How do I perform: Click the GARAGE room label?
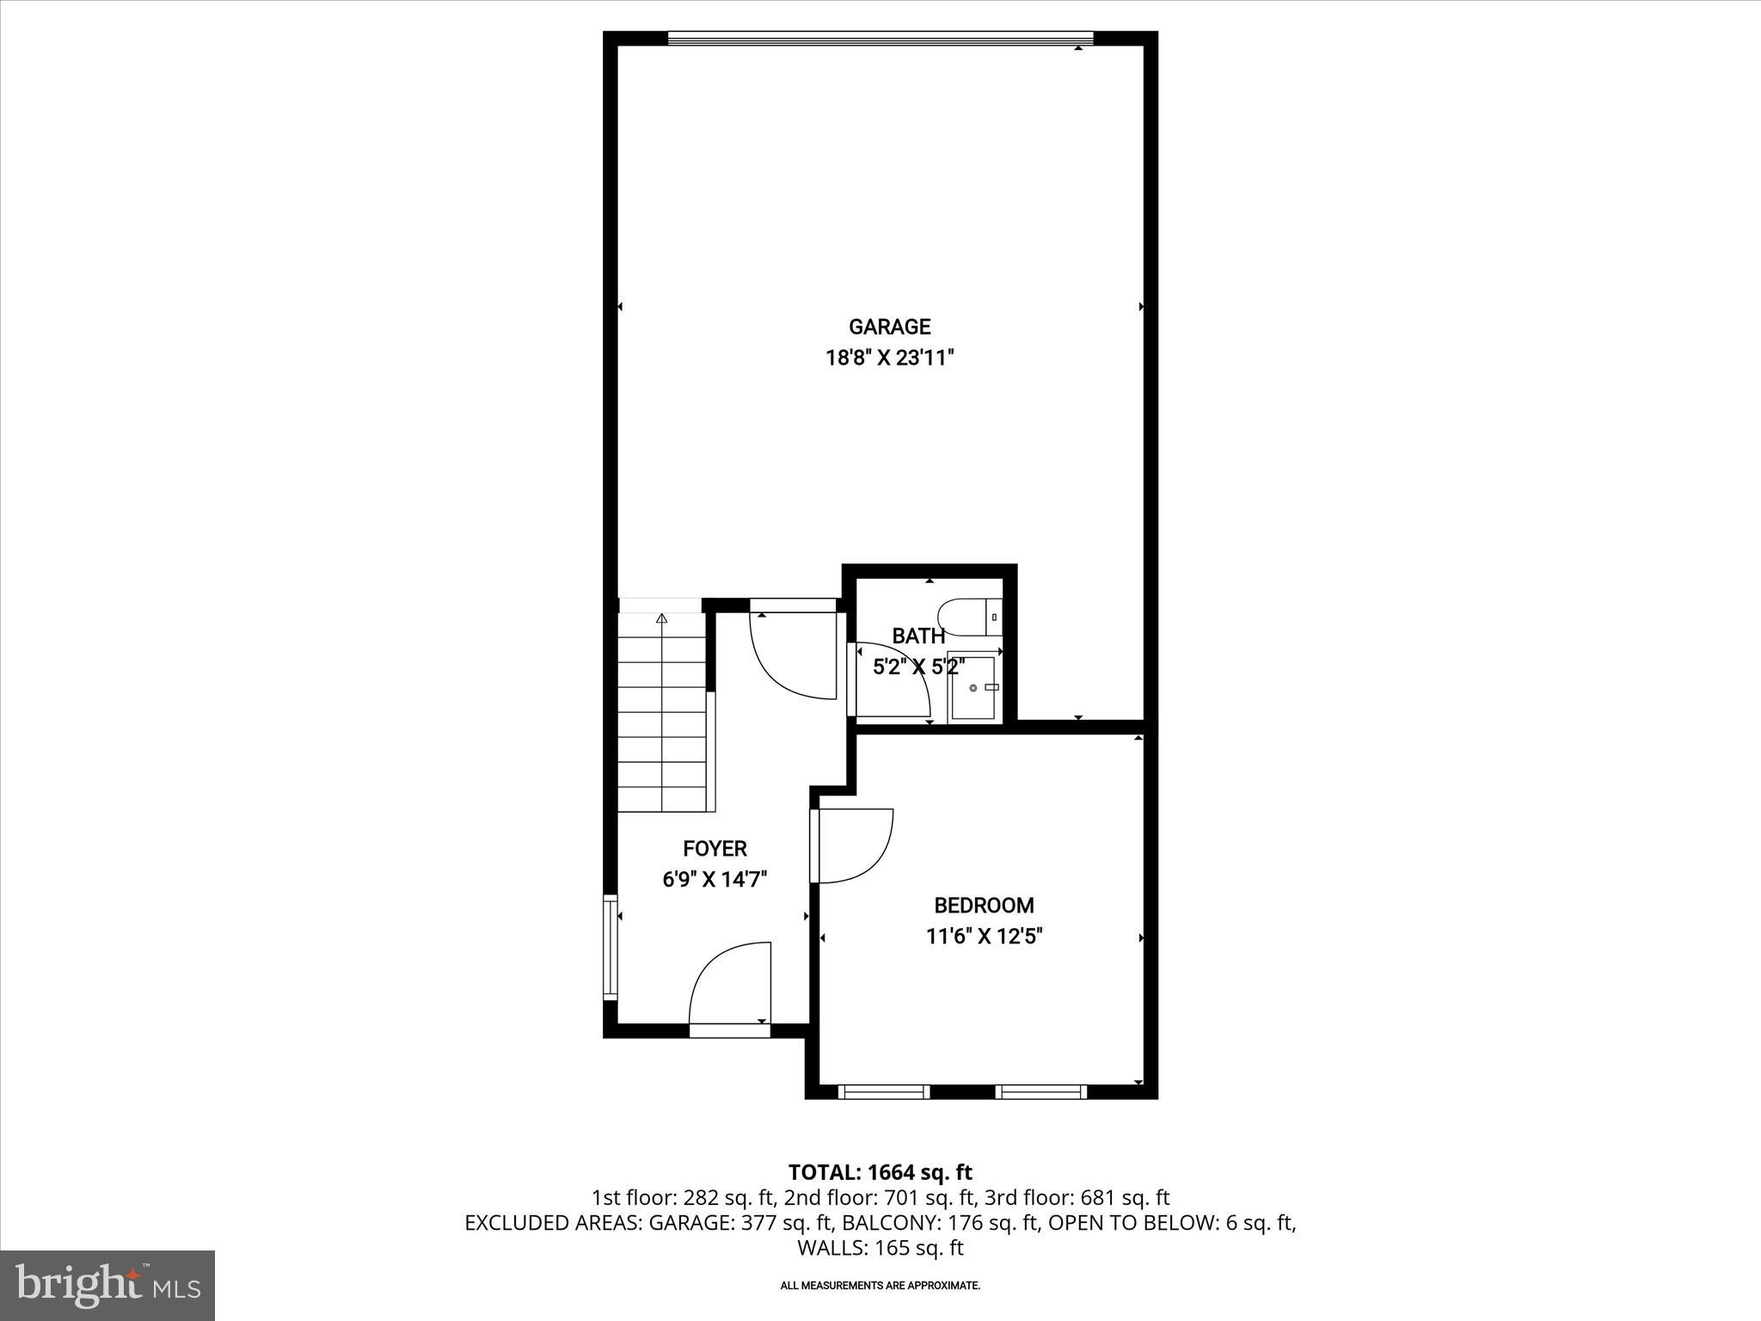(889, 327)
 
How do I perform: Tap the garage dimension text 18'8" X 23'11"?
(890, 358)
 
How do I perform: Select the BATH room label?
(918, 636)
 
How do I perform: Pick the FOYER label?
(715, 849)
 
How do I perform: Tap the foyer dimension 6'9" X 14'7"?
(715, 879)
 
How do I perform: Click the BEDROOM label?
(984, 906)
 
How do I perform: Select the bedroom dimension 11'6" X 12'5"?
(984, 936)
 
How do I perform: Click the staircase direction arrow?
(661, 618)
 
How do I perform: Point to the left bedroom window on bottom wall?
(884, 1091)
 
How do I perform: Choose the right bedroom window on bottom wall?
(1041, 1091)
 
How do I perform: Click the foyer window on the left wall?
(611, 947)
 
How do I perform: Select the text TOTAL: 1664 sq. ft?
(880, 1172)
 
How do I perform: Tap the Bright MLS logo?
(107, 1285)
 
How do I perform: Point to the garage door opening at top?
(880, 38)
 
